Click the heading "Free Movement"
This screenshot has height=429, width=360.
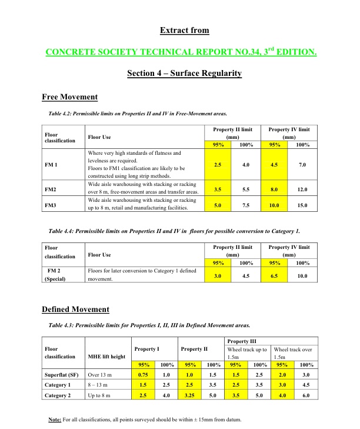(69, 97)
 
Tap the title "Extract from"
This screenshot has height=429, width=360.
(184, 30)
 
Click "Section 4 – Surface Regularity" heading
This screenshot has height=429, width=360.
(184, 74)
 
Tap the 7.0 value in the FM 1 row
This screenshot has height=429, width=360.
(302, 165)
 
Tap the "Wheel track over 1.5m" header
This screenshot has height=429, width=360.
(293, 352)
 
